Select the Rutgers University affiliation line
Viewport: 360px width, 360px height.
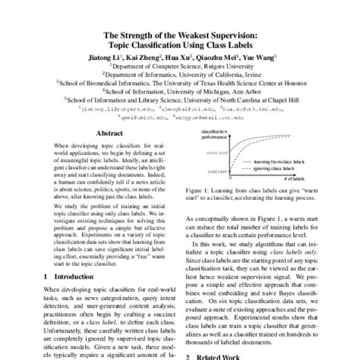point(180,67)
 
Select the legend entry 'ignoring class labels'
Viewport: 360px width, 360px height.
point(270,169)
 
